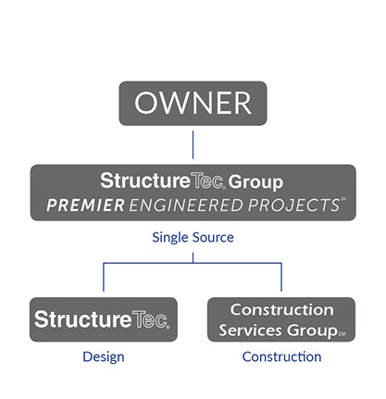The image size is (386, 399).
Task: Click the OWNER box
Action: click(x=193, y=104)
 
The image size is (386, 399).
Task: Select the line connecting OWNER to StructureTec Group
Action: click(x=193, y=144)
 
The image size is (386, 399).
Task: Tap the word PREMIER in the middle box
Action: click(x=85, y=206)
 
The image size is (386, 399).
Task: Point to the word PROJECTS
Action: click(x=293, y=206)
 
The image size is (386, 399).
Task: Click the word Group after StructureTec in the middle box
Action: click(x=255, y=182)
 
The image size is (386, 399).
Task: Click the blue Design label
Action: click(x=104, y=357)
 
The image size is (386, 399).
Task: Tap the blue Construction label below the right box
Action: click(x=281, y=356)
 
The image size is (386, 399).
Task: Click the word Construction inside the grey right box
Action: click(x=281, y=310)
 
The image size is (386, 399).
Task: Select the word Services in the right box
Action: click(x=251, y=330)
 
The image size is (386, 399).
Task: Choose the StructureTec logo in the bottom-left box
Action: click(x=102, y=319)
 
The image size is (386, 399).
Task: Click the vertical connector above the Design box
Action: click(x=104, y=277)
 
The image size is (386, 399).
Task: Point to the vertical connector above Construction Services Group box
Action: click(x=281, y=277)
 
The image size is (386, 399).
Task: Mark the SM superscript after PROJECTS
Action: click(x=342, y=199)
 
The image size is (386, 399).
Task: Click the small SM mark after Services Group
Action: click(x=342, y=333)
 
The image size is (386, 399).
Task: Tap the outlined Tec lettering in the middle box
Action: click(x=207, y=181)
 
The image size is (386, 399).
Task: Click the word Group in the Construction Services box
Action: click(x=312, y=330)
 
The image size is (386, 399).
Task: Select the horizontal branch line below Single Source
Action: click(x=193, y=263)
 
